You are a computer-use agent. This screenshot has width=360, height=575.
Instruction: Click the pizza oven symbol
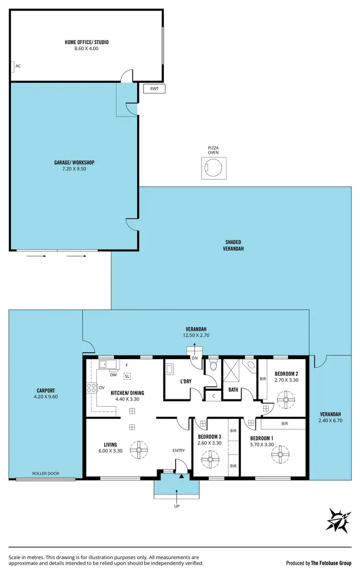[x=213, y=168]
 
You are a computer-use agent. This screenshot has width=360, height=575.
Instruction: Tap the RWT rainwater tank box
[x=154, y=88]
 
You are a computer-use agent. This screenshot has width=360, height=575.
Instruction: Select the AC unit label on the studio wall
[x=18, y=66]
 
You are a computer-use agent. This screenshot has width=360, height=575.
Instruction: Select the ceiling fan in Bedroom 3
[x=210, y=460]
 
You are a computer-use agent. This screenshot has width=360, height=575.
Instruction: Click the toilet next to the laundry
[x=213, y=367]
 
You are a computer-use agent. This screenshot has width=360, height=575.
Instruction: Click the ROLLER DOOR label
[x=46, y=473]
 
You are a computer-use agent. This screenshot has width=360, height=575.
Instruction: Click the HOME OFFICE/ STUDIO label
[x=86, y=42]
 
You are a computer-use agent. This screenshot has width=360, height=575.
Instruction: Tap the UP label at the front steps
[x=177, y=506]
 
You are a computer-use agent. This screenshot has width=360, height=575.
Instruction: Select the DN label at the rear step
[x=194, y=358]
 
